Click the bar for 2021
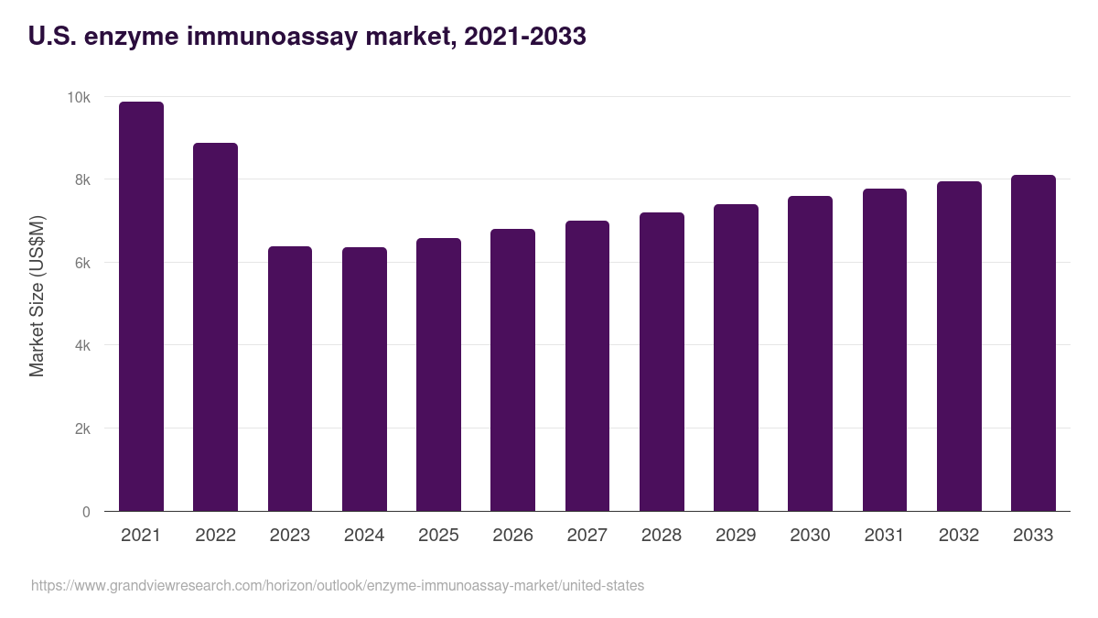coord(141,307)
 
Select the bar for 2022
coord(215,327)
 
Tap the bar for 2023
coord(289,379)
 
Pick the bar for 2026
coord(512,370)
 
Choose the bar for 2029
coord(736,358)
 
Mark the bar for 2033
coord(1033,343)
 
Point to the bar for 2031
coord(884,350)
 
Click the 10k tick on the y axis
coord(79,98)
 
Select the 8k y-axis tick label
coord(81,180)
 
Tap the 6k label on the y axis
coord(81,263)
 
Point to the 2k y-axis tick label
coord(81,429)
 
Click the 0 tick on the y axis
coord(86,512)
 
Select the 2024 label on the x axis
coord(364,536)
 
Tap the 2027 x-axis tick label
coord(587,536)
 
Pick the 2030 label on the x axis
coord(810,536)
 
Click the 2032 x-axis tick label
coord(958,536)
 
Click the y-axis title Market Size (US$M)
coord(37,296)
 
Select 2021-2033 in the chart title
coord(524,37)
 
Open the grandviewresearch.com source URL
coord(337,585)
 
